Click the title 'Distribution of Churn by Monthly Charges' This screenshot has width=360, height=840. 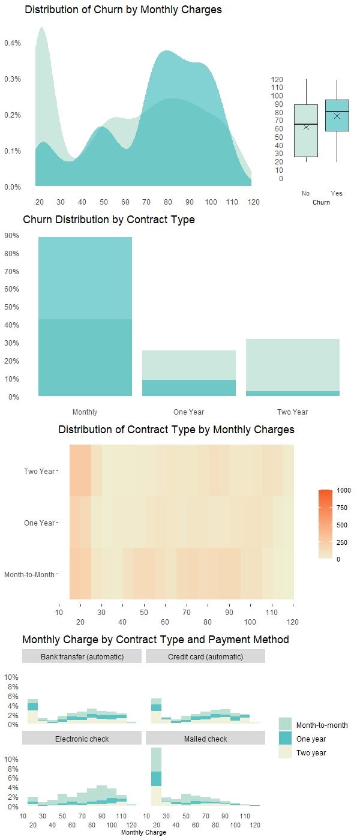[x=123, y=10]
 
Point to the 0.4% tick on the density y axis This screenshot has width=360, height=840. [x=13, y=43]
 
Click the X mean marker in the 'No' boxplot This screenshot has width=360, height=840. [x=306, y=127]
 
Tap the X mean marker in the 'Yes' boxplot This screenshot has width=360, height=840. [x=337, y=116]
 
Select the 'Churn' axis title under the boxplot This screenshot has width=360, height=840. [x=321, y=202]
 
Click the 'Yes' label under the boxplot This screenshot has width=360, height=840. [x=337, y=193]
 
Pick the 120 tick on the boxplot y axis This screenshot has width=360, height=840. [x=277, y=79]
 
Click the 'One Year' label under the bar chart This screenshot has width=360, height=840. [x=188, y=412]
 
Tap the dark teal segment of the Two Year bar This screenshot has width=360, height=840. [x=292, y=394]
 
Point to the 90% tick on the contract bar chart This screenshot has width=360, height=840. [x=12, y=236]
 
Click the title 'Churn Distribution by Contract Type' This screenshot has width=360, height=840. [x=109, y=220]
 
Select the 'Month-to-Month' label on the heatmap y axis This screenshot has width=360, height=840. [x=29, y=574]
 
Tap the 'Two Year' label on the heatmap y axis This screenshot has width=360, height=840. [x=39, y=471]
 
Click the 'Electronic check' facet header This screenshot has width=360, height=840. [x=82, y=739]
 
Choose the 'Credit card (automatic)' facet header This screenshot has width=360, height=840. [x=205, y=656]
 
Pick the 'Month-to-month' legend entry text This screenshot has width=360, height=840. [x=322, y=725]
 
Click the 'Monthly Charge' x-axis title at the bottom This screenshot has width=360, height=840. [x=143, y=832]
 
